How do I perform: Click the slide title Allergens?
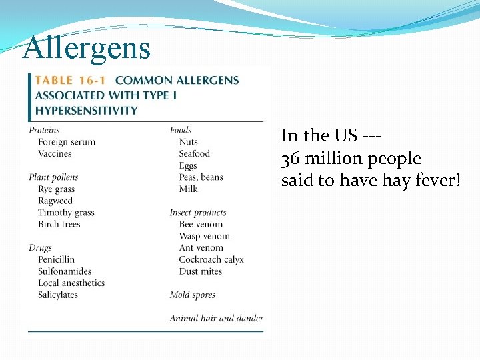tap(87, 48)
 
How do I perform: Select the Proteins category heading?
tap(44, 130)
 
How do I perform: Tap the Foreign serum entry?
tap(67, 142)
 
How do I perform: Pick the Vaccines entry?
tap(55, 154)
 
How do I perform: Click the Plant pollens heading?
tap(53, 177)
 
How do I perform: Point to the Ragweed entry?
tap(55, 201)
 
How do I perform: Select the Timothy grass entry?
tap(66, 213)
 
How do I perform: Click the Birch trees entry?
tap(59, 225)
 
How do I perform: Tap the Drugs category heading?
tap(40, 248)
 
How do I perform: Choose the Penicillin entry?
tap(57, 259)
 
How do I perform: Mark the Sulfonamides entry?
tap(65, 271)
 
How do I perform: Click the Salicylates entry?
tap(58, 295)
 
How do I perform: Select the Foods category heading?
tap(180, 130)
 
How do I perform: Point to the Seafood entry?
tap(194, 154)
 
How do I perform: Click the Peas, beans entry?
tap(201, 177)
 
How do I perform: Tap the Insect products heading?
tap(198, 213)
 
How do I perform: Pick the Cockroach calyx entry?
tap(211, 259)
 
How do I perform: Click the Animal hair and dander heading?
tap(216, 319)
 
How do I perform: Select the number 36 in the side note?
tap(290, 159)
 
